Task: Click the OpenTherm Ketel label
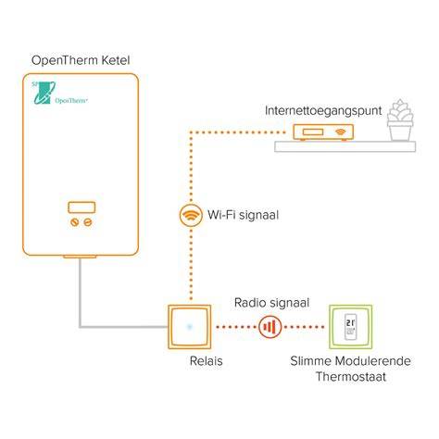click(x=81, y=60)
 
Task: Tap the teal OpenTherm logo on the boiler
click(x=58, y=93)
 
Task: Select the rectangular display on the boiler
click(x=82, y=207)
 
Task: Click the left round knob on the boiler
click(x=74, y=222)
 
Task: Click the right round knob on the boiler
click(x=88, y=222)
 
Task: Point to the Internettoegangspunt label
click(x=323, y=111)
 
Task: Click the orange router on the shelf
click(x=323, y=132)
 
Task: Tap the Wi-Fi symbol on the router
click(x=341, y=132)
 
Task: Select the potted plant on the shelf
click(x=400, y=120)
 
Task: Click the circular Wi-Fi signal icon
click(x=191, y=215)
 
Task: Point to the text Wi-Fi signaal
click(x=244, y=215)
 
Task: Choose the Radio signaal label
click(x=271, y=303)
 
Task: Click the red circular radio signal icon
click(x=270, y=327)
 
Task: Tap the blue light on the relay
click(x=190, y=327)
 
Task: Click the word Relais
click(x=206, y=361)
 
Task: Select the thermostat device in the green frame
click(x=350, y=327)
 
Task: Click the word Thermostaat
click(x=351, y=377)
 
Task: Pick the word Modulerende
click(x=373, y=361)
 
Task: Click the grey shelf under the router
click(x=345, y=146)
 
